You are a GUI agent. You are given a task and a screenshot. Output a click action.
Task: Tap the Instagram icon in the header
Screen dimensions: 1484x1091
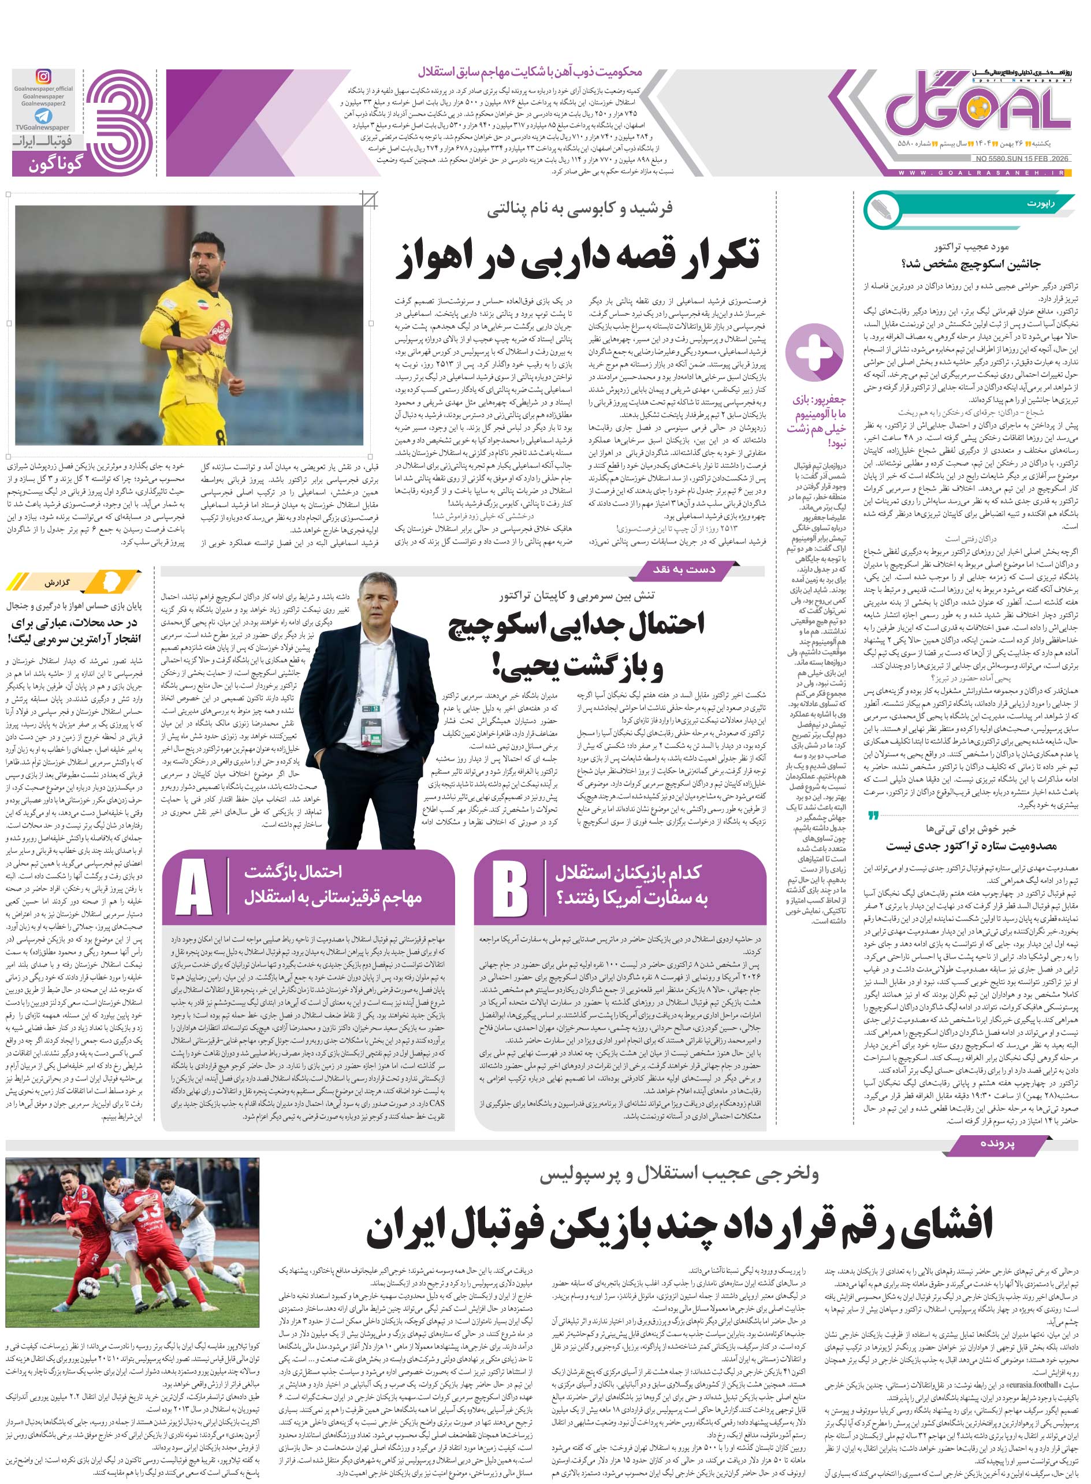click(x=43, y=77)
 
